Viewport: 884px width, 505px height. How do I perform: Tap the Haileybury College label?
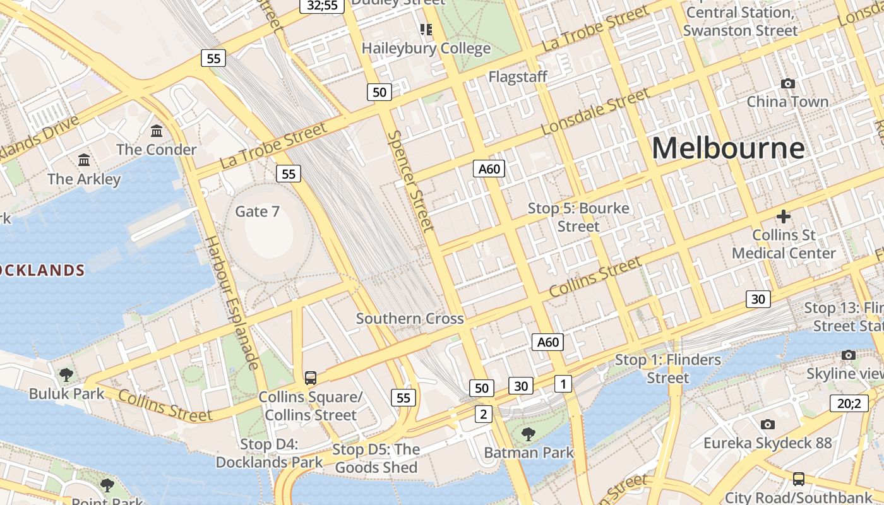pyautogui.click(x=426, y=49)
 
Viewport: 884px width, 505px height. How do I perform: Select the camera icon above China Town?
pyautogui.click(x=787, y=83)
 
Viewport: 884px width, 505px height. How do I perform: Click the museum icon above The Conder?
pyautogui.click(x=157, y=131)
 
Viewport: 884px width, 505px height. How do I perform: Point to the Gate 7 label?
pyautogui.click(x=257, y=211)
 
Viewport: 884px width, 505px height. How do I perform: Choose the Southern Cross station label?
pyautogui.click(x=410, y=319)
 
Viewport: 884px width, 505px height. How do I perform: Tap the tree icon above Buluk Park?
pyautogui.click(x=66, y=375)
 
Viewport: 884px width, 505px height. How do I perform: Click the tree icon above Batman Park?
pyautogui.click(x=528, y=434)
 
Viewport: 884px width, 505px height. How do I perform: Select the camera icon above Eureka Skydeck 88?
pyautogui.click(x=768, y=424)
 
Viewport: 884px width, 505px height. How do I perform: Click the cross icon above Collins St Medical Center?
pyautogui.click(x=784, y=217)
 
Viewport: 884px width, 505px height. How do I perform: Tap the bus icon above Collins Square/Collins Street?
pyautogui.click(x=310, y=378)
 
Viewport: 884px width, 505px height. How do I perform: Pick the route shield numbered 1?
pyautogui.click(x=563, y=383)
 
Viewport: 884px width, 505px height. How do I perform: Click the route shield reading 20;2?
pyautogui.click(x=849, y=403)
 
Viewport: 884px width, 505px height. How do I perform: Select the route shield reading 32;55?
pyautogui.click(x=322, y=6)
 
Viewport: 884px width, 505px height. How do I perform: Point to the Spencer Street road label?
pyautogui.click(x=411, y=181)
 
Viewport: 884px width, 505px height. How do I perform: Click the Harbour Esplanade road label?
pyautogui.click(x=232, y=303)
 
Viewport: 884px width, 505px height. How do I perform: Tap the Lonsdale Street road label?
pyautogui.click(x=595, y=111)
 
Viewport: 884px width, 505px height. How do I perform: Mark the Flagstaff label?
pyautogui.click(x=518, y=77)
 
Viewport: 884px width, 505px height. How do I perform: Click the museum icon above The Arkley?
pyautogui.click(x=83, y=160)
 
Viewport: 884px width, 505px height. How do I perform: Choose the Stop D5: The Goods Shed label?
pyautogui.click(x=376, y=458)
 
